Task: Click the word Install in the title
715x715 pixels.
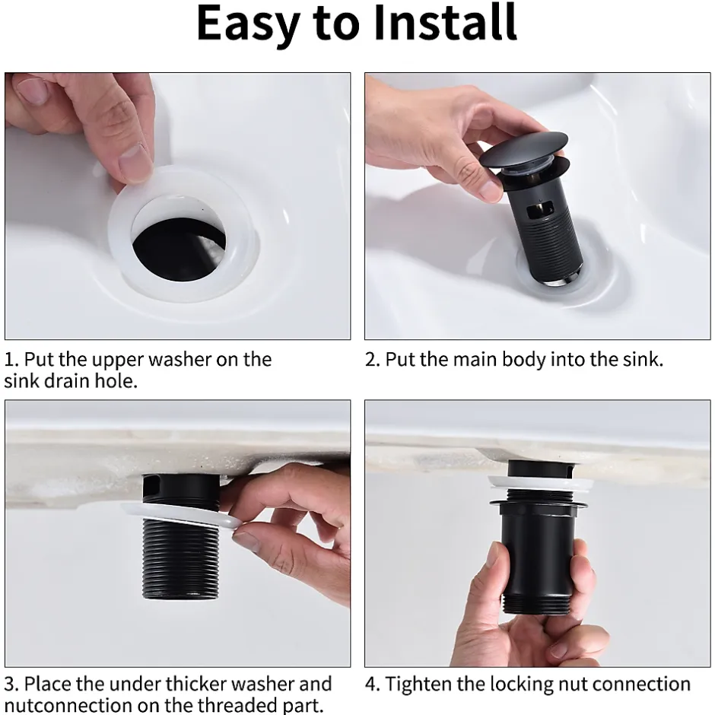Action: [445, 22]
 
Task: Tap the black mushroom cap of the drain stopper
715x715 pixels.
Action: [524, 150]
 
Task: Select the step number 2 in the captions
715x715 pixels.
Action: [372, 360]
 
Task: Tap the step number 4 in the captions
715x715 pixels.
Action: [372, 684]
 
